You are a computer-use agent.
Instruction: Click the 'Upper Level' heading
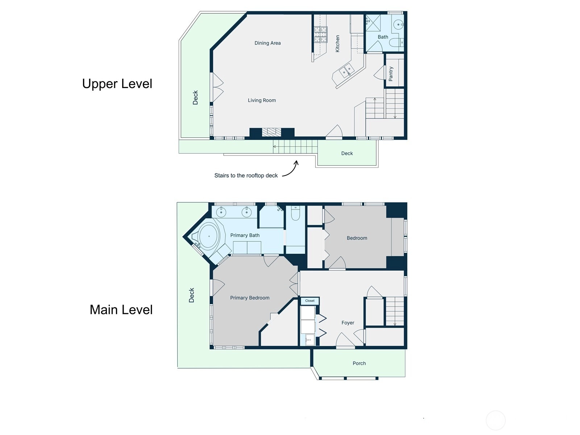click(117, 84)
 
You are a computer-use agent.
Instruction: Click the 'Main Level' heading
click(121, 310)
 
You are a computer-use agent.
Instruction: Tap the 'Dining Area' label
click(268, 43)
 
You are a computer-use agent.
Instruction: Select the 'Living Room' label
click(262, 100)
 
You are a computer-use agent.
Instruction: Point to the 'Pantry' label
click(391, 74)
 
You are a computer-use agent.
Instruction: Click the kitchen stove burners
click(321, 34)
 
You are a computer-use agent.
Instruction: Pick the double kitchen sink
click(347, 70)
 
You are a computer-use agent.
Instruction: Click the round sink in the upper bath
click(398, 25)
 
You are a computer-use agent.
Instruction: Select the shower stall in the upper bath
click(373, 24)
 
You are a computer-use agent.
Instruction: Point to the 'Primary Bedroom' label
click(250, 298)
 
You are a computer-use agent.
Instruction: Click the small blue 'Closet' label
click(310, 301)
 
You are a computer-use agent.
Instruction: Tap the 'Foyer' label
click(348, 323)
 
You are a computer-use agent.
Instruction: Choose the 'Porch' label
click(359, 364)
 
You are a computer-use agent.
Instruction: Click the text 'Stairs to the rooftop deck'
click(246, 176)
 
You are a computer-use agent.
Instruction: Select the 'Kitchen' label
click(337, 43)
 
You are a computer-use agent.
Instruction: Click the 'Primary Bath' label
click(245, 235)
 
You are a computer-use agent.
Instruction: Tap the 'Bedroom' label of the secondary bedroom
click(357, 238)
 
